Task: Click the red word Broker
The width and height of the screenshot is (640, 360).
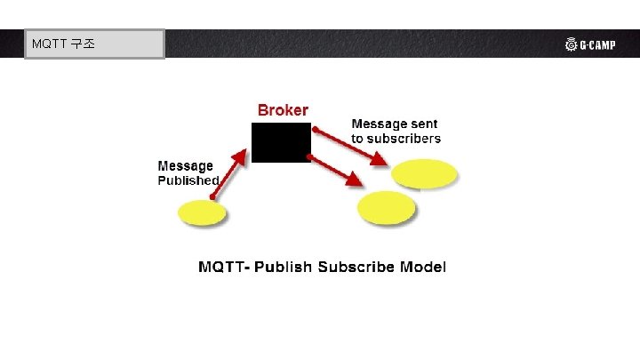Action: click(283, 110)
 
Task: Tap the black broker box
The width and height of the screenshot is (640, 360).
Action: click(281, 142)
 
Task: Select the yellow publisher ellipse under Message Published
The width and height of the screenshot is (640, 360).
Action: click(202, 213)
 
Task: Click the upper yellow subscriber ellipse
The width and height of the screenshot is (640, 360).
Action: click(426, 172)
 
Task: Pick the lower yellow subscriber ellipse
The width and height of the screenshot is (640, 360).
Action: click(387, 206)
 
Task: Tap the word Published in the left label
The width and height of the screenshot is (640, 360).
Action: click(188, 180)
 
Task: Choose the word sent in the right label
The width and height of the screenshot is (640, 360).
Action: click(423, 124)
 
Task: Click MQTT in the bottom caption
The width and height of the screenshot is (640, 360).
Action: click(223, 267)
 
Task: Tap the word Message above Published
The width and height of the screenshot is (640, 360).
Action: click(185, 166)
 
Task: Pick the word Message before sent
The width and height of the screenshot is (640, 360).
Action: click(380, 124)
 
